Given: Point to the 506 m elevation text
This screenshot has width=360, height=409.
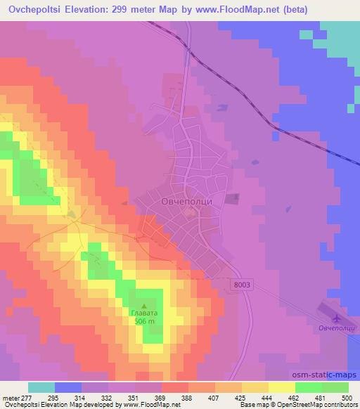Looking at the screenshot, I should point(144,322).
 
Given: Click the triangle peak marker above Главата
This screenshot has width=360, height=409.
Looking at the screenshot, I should point(144,306).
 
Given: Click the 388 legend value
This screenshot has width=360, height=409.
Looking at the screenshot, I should point(186,398).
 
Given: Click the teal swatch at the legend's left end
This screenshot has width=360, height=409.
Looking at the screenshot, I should point(41,387).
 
